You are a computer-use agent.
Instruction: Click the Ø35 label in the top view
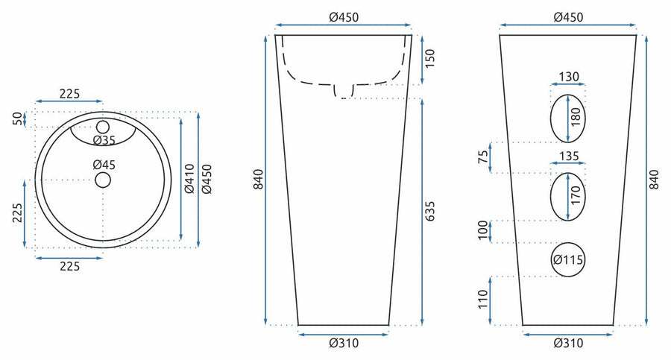(x=104, y=140)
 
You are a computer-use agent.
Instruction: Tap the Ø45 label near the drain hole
(x=104, y=165)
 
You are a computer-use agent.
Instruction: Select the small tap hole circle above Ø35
(x=103, y=127)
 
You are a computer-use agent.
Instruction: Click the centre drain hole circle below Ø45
(x=103, y=180)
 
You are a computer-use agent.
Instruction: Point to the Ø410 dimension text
(x=189, y=178)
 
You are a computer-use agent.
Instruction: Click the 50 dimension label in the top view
(x=18, y=119)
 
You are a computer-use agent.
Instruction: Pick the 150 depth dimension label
(x=429, y=58)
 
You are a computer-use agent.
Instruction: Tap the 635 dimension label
(x=429, y=212)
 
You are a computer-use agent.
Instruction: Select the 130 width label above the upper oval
(x=569, y=77)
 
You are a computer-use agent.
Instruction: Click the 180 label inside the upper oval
(x=576, y=117)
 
